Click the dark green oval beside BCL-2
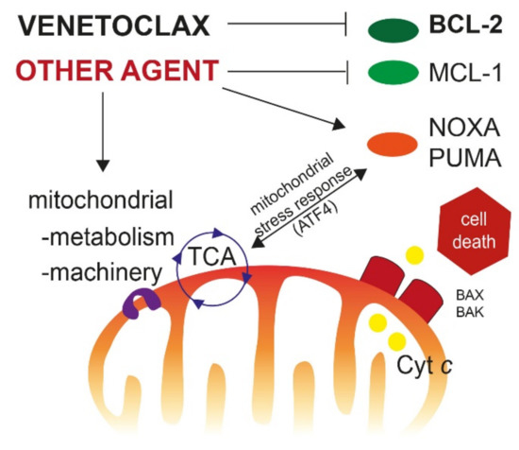[x=394, y=28]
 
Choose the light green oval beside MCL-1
[x=395, y=72]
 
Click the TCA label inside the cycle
[x=213, y=254]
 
